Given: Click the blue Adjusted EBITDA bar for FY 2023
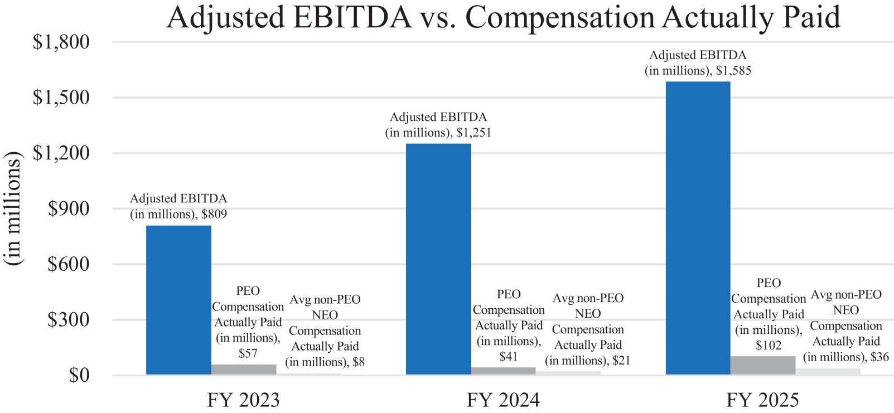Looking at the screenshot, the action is click(178, 300).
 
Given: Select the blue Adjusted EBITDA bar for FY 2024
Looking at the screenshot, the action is click(438, 259).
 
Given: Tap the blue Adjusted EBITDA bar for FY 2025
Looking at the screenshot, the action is click(698, 229).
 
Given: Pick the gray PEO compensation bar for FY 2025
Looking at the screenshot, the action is click(763, 366).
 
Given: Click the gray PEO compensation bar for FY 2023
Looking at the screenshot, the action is click(244, 370).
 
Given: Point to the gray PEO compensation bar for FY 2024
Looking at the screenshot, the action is click(503, 371).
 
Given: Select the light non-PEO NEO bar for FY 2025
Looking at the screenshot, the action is click(828, 372).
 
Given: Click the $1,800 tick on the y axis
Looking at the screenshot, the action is click(61, 42).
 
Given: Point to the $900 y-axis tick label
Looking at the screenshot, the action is click(69, 208).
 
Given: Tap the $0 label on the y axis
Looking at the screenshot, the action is click(79, 375).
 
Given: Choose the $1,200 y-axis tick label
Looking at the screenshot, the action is click(61, 153).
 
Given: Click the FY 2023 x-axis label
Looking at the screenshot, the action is click(244, 400).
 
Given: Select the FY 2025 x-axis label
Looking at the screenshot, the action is click(763, 400).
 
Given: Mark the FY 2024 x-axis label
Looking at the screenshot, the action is click(503, 400).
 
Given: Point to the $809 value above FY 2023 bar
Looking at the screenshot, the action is click(214, 214).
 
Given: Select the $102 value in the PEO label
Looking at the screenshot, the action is click(769, 345).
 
